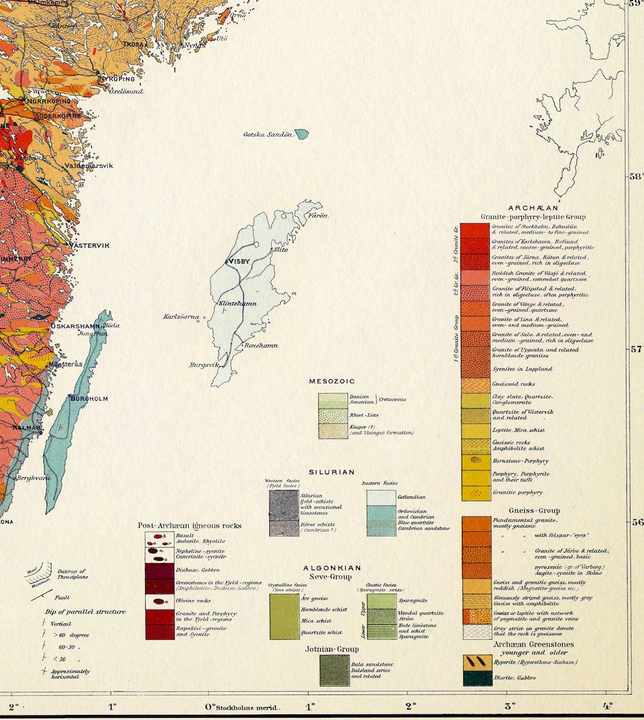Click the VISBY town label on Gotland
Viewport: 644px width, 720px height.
pyautogui.click(x=239, y=262)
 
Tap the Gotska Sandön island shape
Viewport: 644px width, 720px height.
pyautogui.click(x=302, y=135)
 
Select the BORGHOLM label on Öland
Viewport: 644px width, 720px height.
pyautogui.click(x=89, y=398)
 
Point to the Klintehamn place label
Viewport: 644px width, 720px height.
pyautogui.click(x=237, y=303)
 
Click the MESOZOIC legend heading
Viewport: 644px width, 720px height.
pyautogui.click(x=332, y=381)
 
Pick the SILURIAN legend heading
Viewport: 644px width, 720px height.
pyautogui.click(x=332, y=472)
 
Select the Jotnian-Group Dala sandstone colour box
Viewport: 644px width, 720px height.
pyautogui.click(x=334, y=670)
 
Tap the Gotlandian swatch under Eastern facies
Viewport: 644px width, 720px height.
pyautogui.click(x=381, y=497)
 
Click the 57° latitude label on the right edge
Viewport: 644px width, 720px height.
pyautogui.click(x=636, y=349)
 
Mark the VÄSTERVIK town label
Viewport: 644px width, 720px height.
pyautogui.click(x=89, y=245)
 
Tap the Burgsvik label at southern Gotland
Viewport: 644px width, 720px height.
pyautogui.click(x=203, y=365)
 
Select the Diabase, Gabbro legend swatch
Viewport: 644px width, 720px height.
pyautogui.click(x=160, y=571)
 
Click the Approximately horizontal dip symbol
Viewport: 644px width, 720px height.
pyautogui.click(x=44, y=671)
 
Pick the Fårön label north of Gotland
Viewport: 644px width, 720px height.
pyautogui.click(x=318, y=215)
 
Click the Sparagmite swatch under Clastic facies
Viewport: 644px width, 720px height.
pyautogui.click(x=381, y=600)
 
